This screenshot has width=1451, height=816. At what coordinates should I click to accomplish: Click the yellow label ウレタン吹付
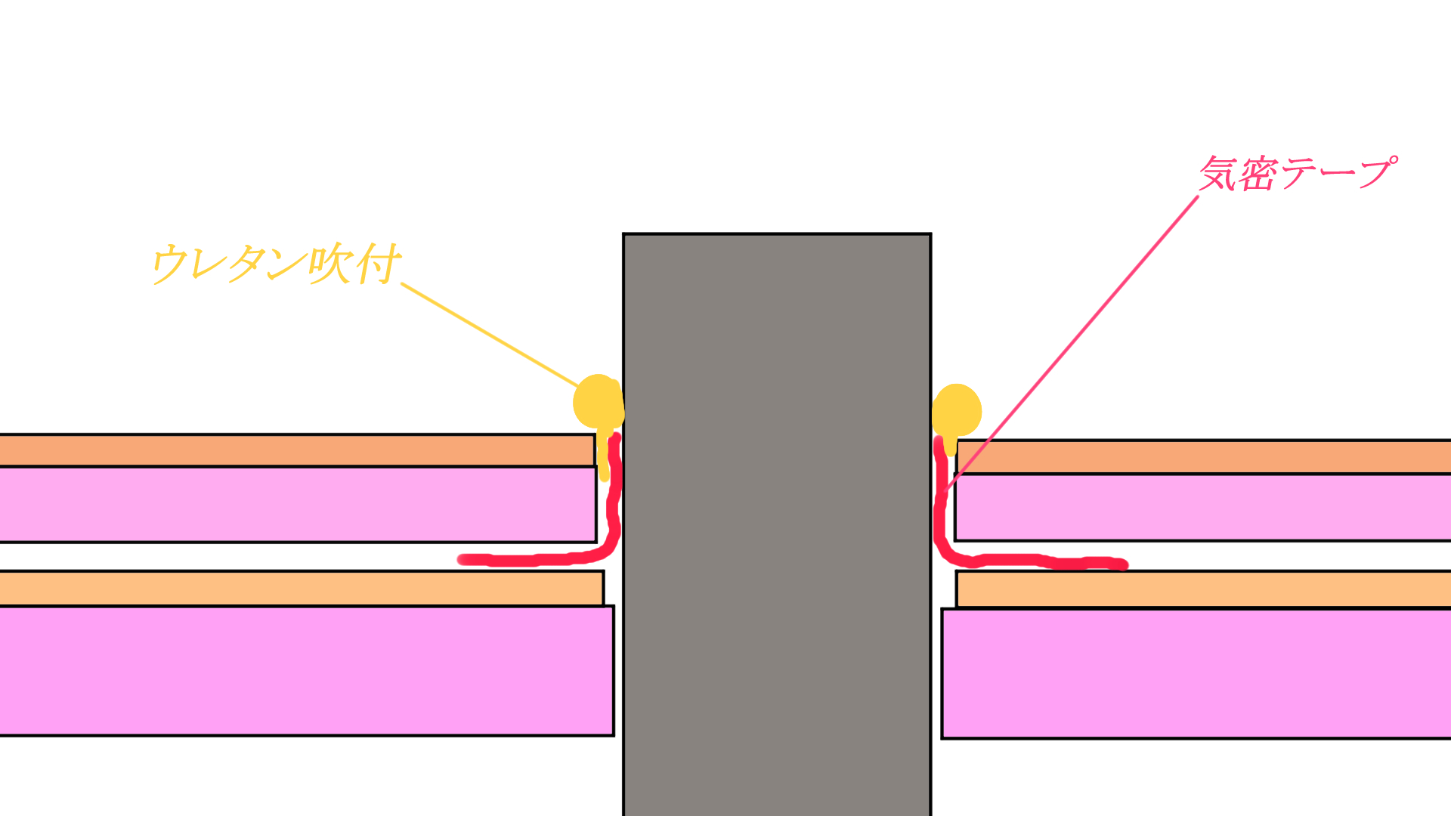277,264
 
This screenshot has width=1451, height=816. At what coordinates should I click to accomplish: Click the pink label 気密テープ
1298,173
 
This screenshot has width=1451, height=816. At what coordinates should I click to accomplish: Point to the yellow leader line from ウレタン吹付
490,335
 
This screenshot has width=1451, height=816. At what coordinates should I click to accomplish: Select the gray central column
777,524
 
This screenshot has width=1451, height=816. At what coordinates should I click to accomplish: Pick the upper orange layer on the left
297,450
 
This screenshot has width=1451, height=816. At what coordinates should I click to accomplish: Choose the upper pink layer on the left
298,504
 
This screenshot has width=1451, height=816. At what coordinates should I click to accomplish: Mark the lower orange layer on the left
302,589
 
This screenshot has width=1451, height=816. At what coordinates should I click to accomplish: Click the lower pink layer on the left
306,671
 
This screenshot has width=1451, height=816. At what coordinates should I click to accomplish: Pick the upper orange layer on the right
1204,456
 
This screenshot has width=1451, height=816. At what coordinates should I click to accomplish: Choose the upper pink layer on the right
1203,507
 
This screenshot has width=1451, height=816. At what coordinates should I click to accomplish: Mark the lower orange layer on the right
1204,589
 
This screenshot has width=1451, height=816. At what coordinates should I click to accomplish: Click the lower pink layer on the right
1196,673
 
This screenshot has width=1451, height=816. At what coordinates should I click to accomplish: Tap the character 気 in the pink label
1218,174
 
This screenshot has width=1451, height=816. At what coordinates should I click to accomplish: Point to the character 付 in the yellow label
378,264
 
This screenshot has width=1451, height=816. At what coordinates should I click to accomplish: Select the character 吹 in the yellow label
331,264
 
